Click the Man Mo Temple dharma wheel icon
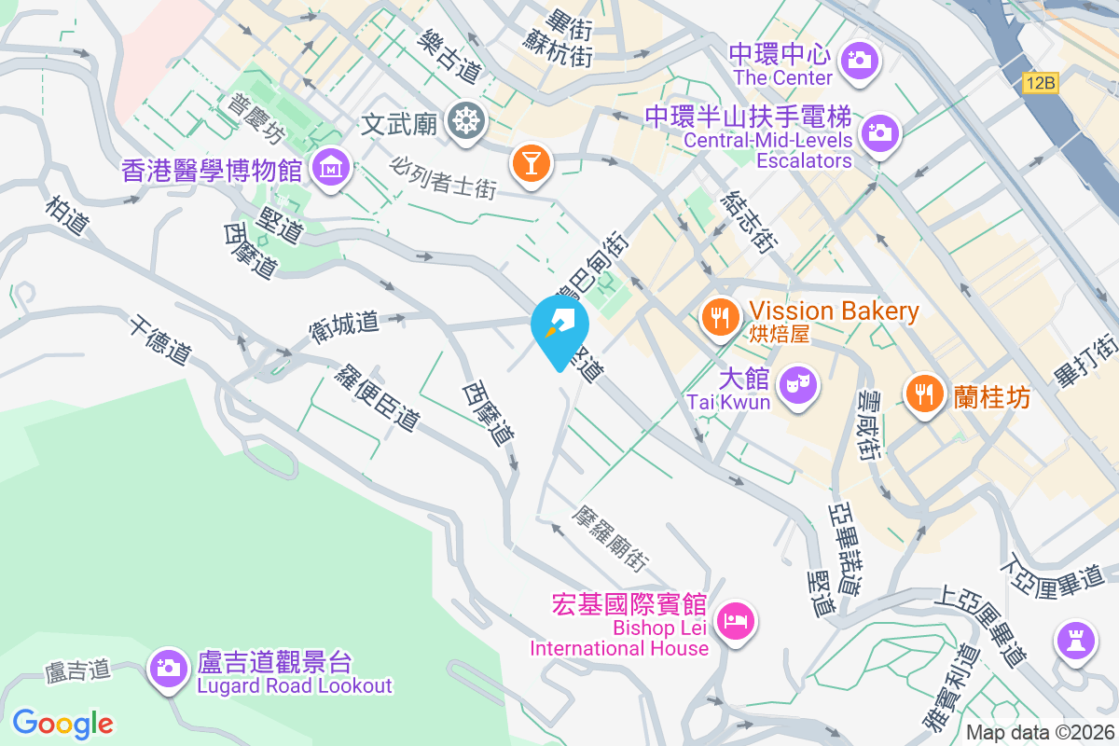[x=464, y=121]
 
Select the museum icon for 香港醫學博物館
[x=330, y=169]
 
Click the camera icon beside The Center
[x=858, y=62]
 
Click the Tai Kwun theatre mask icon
[x=798, y=383]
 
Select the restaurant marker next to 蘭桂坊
[x=923, y=392]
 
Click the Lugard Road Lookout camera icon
[x=168, y=667]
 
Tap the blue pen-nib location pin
[x=559, y=326]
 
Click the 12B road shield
[x=1040, y=83]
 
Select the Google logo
[x=62, y=723]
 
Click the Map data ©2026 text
[x=1041, y=733]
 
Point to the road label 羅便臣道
[x=379, y=397]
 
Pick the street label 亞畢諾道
[x=843, y=550]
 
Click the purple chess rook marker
[x=1076, y=640]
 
